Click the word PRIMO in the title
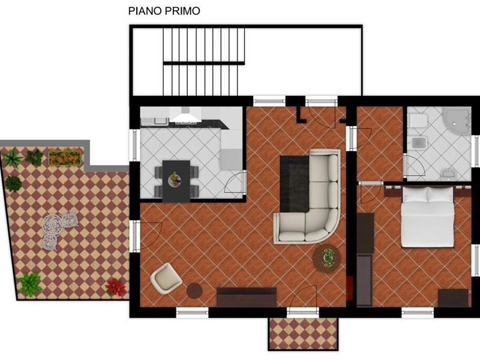click(x=182, y=11)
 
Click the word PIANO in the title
click(x=145, y=11)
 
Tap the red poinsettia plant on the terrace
click(x=115, y=287)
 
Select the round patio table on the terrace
click(x=52, y=224)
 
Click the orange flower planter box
click(x=65, y=157)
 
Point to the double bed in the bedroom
click(x=427, y=217)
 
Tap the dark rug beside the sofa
click(x=295, y=184)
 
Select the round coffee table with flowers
click(x=326, y=258)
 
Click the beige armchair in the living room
click(x=166, y=278)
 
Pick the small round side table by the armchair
click(x=194, y=290)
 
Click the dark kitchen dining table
click(x=176, y=181)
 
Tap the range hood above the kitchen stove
click(x=185, y=115)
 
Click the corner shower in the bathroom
click(x=457, y=121)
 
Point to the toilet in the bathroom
click(x=418, y=121)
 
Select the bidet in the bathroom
click(x=419, y=142)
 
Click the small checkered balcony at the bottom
click(x=303, y=334)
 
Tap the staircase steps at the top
click(x=203, y=62)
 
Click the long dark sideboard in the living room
click(x=247, y=297)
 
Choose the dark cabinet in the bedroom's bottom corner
click(x=453, y=298)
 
